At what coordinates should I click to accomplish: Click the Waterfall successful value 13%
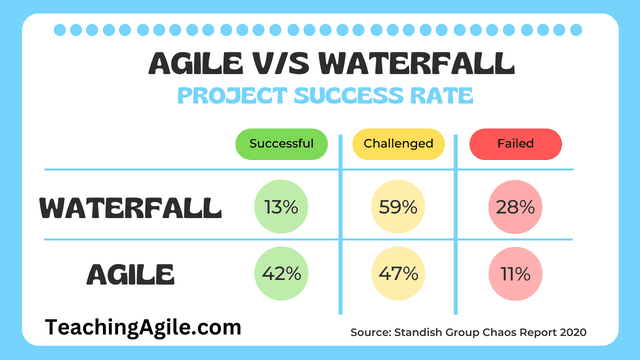coord(283,208)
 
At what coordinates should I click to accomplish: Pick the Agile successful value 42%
coord(283,272)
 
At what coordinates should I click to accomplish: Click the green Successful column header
coord(283,144)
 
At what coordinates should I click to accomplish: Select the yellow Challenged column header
coord(399,144)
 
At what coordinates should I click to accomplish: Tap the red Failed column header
coord(515,144)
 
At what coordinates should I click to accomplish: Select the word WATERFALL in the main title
coord(421,65)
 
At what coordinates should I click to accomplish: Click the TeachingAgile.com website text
coord(143,326)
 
